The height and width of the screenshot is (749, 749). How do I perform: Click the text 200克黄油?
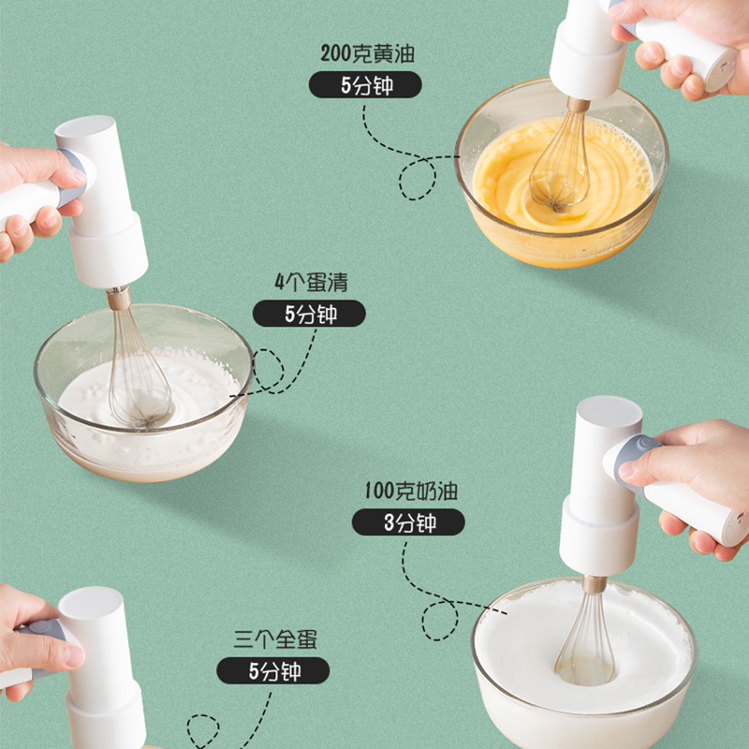(366, 53)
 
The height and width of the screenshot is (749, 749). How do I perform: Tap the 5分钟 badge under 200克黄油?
(365, 85)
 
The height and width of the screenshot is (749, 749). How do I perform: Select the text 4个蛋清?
(310, 282)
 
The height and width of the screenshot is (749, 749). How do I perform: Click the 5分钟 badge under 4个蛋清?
(309, 314)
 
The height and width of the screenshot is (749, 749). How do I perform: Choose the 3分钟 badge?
(408, 522)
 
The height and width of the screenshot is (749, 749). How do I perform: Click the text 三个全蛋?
(274, 640)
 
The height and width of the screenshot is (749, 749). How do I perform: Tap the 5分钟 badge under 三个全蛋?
(272, 671)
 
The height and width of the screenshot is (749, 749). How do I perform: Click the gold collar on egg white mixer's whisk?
(119, 299)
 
